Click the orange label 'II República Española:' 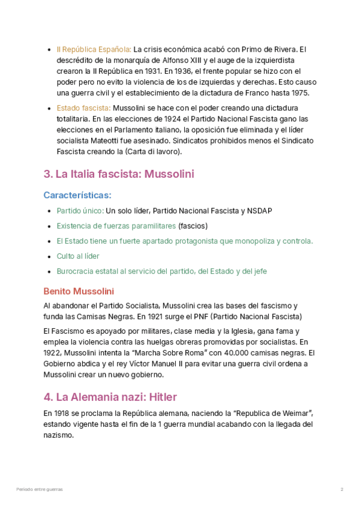[94, 49]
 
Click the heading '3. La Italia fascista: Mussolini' [119, 175]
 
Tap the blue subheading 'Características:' [77, 196]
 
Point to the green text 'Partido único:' [80, 211]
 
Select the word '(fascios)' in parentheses [193, 226]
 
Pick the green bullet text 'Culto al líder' [78, 256]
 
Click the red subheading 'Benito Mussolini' [79, 292]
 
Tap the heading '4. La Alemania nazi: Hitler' [110, 397]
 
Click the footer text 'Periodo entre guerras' [39, 490]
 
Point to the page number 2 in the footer [342, 490]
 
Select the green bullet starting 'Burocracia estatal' [162, 271]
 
